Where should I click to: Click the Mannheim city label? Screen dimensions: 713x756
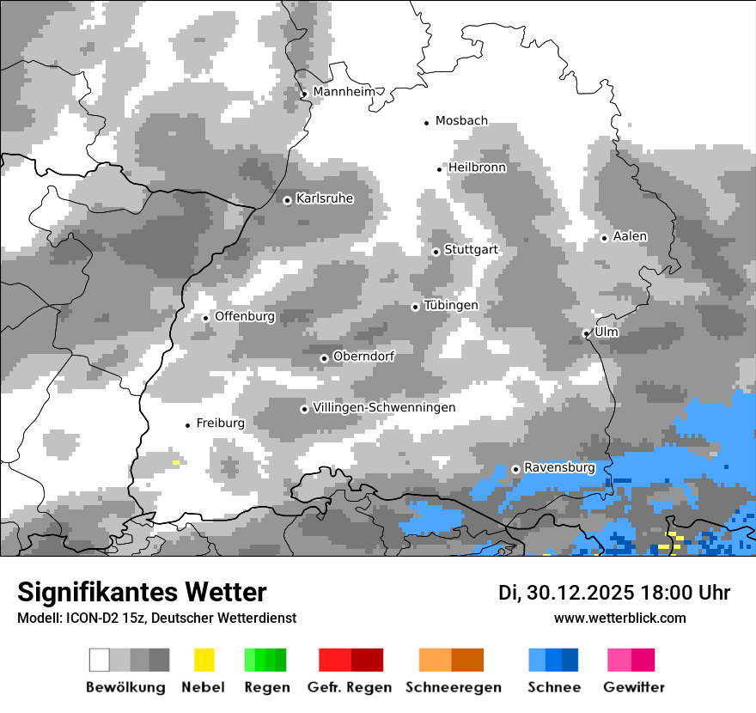tap(344, 92)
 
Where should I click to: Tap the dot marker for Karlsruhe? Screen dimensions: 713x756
tap(288, 200)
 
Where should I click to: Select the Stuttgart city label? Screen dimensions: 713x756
tap(471, 250)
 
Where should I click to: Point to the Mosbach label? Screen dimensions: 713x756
tap(461, 121)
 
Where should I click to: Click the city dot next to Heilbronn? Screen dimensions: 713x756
tap(440, 169)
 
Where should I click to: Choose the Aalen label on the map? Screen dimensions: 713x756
tap(630, 236)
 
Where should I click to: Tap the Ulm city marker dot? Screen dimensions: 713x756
tap(586, 333)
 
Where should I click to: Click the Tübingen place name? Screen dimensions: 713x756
tap(451, 306)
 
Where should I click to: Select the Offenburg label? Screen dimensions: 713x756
tap(245, 316)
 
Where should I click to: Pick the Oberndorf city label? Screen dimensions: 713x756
tap(363, 356)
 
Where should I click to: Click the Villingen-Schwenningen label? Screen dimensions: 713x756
tap(384, 407)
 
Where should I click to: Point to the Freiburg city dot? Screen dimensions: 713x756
tap(187, 425)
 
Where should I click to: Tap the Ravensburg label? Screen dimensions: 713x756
tap(559, 468)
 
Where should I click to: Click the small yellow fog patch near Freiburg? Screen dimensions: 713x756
tap(176, 462)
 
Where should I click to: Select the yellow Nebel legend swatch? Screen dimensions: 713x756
tap(204, 660)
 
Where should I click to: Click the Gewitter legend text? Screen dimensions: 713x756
tap(633, 687)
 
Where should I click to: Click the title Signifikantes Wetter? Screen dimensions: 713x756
tap(142, 592)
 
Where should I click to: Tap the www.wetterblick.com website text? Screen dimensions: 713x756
tap(619, 618)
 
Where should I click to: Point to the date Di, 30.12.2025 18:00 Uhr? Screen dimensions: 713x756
tap(614, 593)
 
